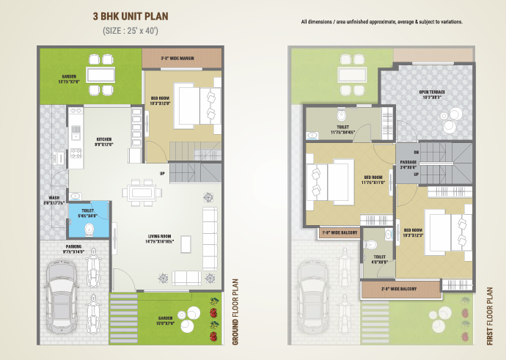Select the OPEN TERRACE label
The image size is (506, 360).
(431, 94)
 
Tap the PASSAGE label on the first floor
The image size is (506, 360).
(408, 164)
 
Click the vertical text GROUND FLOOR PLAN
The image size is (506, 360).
(236, 311)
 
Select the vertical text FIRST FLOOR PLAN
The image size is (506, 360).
(490, 316)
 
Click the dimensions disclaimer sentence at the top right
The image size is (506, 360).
(381, 22)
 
